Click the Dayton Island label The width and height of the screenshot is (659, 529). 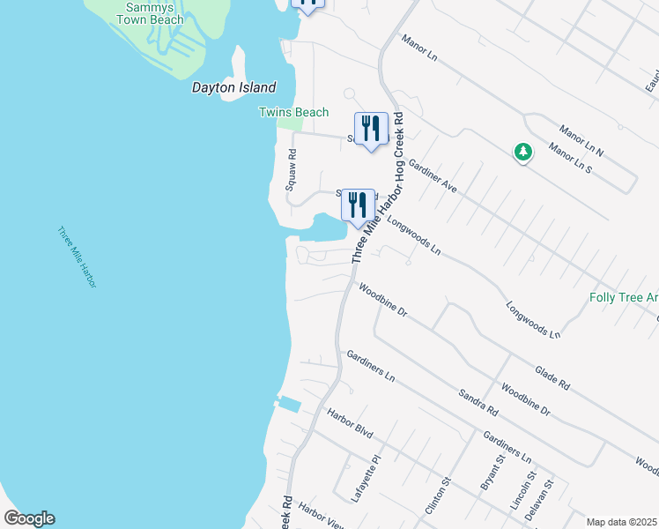point(234,88)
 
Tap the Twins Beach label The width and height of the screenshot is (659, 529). point(293,112)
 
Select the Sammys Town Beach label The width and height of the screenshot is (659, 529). point(151,13)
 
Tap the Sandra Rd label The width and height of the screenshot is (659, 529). point(478,401)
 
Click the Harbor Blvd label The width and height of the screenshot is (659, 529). point(350,425)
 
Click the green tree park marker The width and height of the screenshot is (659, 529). point(523,153)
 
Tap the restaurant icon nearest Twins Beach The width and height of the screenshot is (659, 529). point(371,129)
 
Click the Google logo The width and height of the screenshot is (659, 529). point(29,518)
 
